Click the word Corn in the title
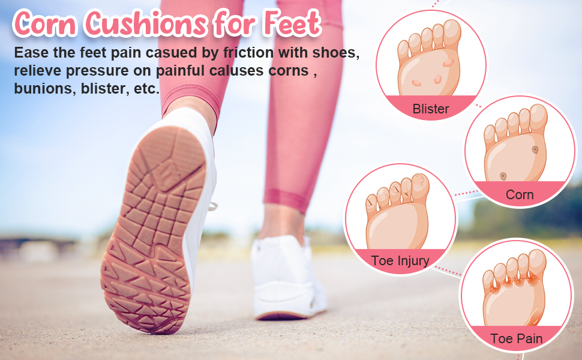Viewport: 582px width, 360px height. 45,23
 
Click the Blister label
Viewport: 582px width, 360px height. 431,109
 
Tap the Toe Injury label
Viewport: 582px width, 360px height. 400,260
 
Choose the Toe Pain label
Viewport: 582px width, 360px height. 516,338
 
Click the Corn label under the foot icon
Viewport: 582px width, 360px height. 520,194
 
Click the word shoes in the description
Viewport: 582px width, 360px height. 337,53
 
